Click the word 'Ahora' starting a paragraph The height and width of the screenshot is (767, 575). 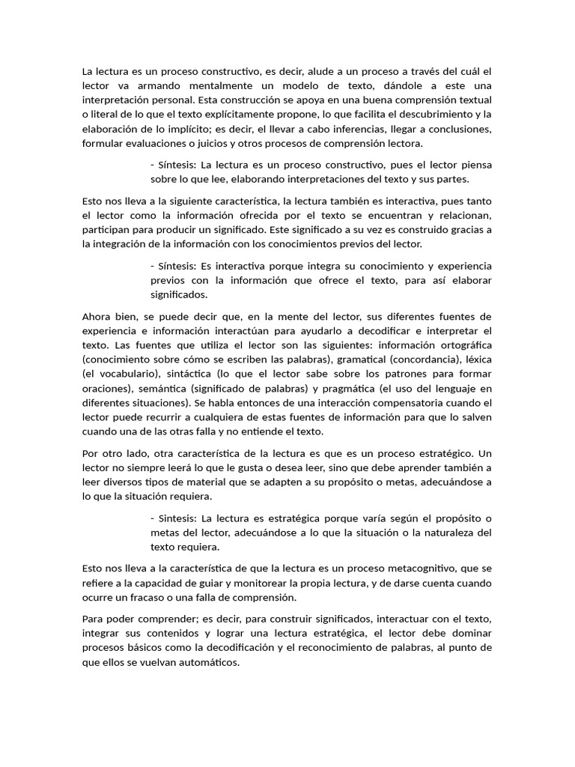click(x=97, y=316)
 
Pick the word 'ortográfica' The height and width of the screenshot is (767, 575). click(x=463, y=345)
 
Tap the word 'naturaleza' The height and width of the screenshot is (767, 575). click(x=457, y=533)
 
